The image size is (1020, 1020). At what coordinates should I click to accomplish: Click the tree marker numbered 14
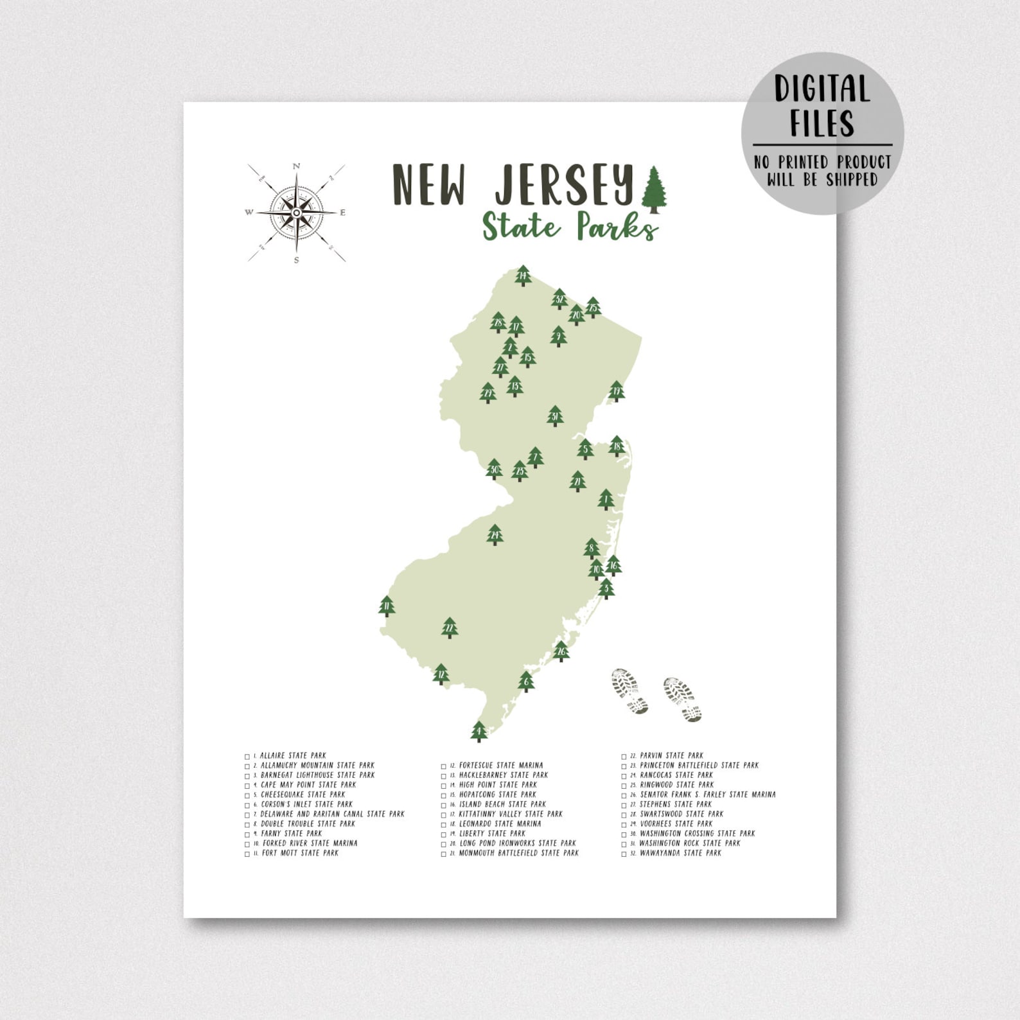tap(523, 276)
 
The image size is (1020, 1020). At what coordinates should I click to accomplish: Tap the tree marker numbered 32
tap(559, 299)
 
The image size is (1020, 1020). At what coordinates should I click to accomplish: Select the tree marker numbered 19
tap(617, 391)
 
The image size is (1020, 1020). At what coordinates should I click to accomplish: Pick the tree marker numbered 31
tap(555, 416)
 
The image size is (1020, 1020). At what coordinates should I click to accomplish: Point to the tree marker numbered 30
tap(494, 470)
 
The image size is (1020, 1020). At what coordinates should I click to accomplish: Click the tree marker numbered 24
tap(495, 534)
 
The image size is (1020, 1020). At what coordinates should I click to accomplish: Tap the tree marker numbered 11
tap(387, 606)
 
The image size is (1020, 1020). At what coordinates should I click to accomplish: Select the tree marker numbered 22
tap(450, 628)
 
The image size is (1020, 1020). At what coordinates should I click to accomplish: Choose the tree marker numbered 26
tap(561, 651)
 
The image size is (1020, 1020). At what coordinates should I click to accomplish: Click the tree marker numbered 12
tap(441, 674)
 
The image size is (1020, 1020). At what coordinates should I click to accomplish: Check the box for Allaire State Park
tap(247, 757)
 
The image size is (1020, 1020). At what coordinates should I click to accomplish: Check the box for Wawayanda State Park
tap(624, 854)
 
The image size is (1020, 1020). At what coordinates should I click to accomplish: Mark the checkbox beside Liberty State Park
tap(443, 834)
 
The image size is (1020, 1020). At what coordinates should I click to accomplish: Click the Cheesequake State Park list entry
tap(303, 795)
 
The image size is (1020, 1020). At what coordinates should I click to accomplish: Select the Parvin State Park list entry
tap(671, 756)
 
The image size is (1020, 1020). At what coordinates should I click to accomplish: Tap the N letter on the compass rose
tap(296, 166)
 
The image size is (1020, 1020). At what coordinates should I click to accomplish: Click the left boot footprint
tap(630, 690)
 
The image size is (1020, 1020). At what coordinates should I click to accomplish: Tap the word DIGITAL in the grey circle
tap(822, 89)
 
